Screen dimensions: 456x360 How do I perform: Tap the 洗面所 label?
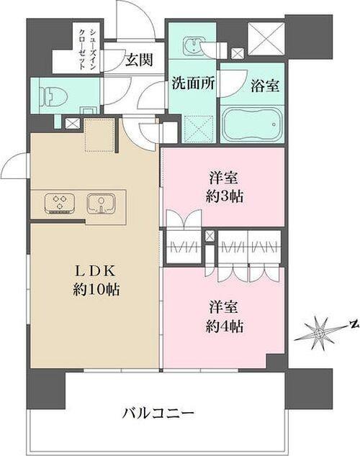(x=192, y=82)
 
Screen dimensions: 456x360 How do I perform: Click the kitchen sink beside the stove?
(x=102, y=203)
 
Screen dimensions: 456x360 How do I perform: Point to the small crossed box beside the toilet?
(x=73, y=123)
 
